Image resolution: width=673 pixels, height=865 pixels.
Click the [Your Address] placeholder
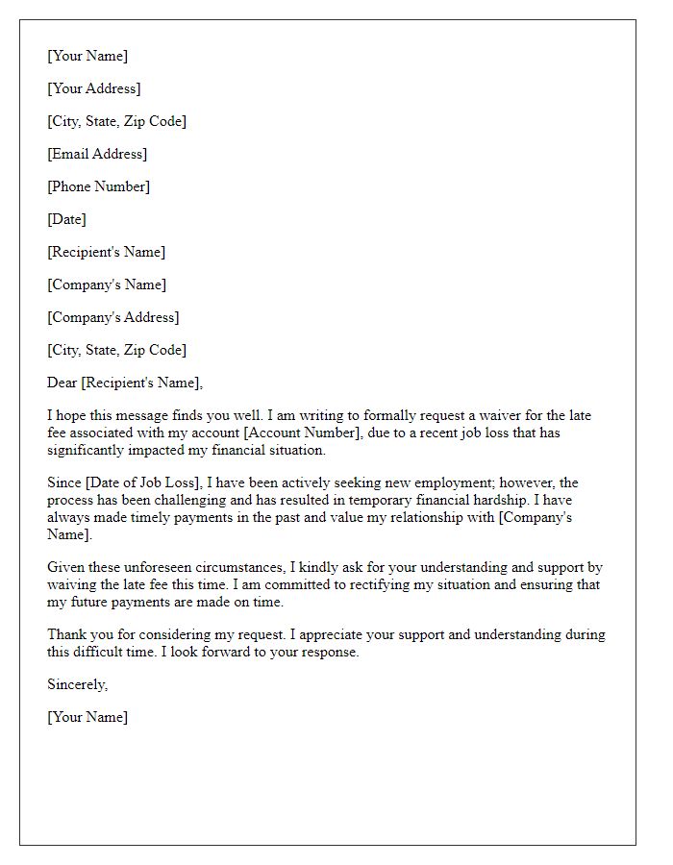[x=94, y=88]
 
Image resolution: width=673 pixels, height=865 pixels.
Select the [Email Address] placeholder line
[x=97, y=154]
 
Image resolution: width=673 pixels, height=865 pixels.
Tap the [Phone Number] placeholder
[x=98, y=186]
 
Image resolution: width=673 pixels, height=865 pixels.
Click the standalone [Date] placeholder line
[x=66, y=219]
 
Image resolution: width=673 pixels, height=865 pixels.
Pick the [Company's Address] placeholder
[x=112, y=317]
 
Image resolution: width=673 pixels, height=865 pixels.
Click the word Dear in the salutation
[x=62, y=383]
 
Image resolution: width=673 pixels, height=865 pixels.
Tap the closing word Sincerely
[x=77, y=684]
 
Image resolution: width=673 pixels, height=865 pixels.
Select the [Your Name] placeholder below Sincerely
[x=87, y=717]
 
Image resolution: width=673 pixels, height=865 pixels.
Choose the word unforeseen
[x=154, y=567]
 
